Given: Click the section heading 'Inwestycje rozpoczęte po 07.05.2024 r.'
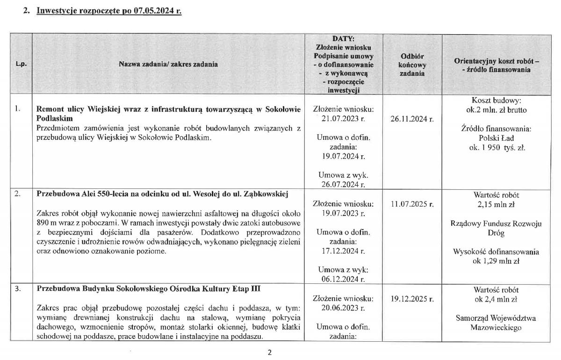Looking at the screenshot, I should tap(109, 11).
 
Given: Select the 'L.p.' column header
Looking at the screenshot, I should tap(21, 64).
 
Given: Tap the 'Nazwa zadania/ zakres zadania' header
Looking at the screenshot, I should tap(168, 64).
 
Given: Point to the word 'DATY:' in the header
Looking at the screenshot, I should tap(343, 39).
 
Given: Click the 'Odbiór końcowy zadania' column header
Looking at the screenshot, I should tap(412, 65).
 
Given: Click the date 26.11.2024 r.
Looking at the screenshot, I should tap(412, 118).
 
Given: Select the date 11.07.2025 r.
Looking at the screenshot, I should tap(412, 204).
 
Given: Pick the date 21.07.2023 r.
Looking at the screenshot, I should tap(343, 118).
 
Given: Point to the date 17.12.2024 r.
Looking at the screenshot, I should tap(343, 251).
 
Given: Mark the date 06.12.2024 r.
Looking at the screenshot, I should tap(343, 279).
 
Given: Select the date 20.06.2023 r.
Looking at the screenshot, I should tap(343, 308).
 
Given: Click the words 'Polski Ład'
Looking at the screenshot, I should tap(496, 138).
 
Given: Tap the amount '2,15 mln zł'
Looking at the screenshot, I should tap(496, 204).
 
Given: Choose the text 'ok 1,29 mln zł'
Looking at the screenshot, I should tap(496, 261).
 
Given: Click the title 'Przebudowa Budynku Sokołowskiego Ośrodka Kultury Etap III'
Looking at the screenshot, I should tap(149, 289).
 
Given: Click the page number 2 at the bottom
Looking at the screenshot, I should tap(269, 352).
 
